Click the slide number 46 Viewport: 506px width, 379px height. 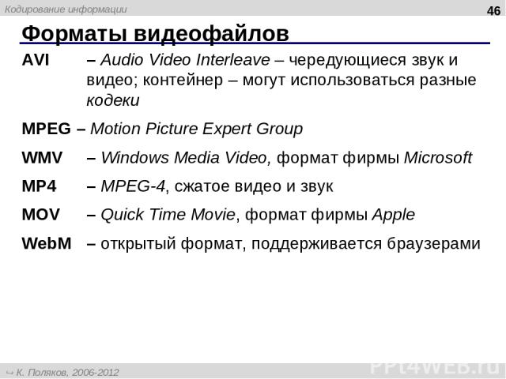[493, 11]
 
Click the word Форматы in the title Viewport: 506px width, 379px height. [74, 33]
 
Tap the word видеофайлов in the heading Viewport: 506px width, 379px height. [211, 34]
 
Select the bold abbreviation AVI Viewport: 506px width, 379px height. [36, 60]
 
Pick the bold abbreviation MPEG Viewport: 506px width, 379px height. [46, 129]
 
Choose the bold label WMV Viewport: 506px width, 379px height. [42, 158]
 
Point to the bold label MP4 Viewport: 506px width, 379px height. [39, 186]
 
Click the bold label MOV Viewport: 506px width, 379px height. [40, 214]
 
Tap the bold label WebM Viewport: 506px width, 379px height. [47, 243]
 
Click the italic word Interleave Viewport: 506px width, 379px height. [233, 60]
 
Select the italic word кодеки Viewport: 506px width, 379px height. [113, 100]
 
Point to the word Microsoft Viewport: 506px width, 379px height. [438, 158]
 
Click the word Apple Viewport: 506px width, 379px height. [394, 215]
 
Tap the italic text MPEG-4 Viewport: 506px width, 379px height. [133, 186]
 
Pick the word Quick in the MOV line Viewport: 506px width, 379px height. [122, 215]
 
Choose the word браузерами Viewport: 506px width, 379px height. [433, 244]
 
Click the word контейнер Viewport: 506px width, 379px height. [183, 81]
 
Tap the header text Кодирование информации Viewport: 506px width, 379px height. [66, 9]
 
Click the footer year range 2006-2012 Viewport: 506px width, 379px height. [96, 373]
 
